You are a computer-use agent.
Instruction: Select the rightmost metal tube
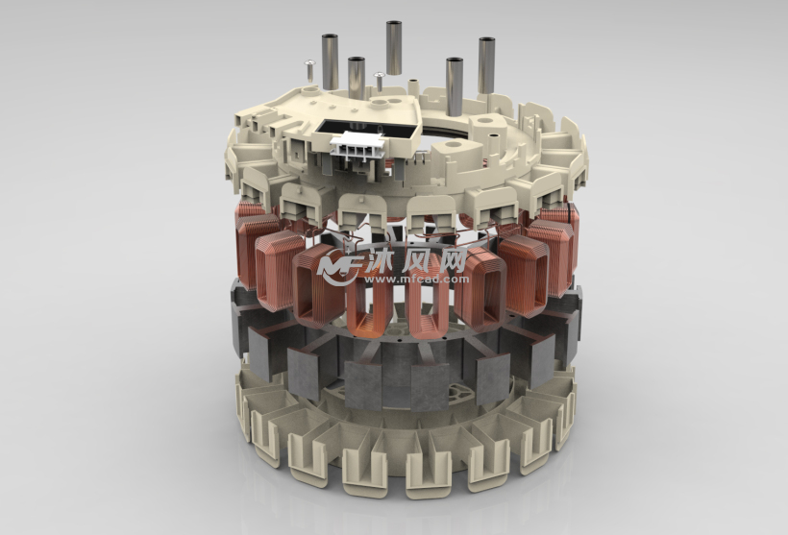485,66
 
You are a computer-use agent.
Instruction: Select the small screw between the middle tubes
380,78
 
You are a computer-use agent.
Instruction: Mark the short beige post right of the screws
414,85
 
